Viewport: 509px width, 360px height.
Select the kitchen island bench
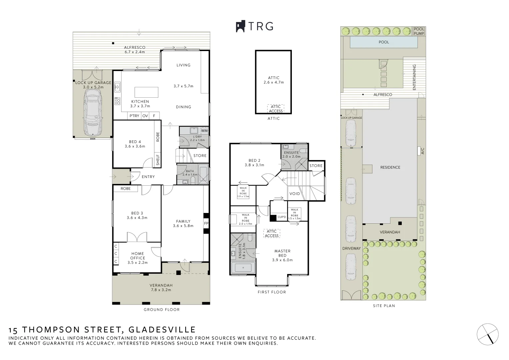pyautogui.click(x=146, y=92)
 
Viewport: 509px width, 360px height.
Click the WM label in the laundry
pyautogui.click(x=204, y=130)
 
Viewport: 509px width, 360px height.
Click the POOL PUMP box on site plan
pyautogui.click(x=419, y=31)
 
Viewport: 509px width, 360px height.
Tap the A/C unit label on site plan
pyautogui.click(x=422, y=151)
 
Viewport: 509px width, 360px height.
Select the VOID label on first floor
pyautogui.click(x=294, y=194)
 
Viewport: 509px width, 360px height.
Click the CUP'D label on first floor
pyautogui.click(x=282, y=217)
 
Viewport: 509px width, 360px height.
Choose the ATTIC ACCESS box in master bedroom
pyautogui.click(x=271, y=233)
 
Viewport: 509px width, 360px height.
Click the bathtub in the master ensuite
pyautogui.click(x=243, y=268)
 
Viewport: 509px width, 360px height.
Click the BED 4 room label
pyautogui.click(x=135, y=141)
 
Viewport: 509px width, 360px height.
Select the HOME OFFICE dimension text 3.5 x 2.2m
pyautogui.click(x=137, y=262)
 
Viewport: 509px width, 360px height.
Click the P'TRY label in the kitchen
pyautogui.click(x=134, y=116)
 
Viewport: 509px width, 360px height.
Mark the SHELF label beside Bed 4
pyautogui.click(x=158, y=160)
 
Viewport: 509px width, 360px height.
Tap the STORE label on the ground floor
pyautogui.click(x=200, y=156)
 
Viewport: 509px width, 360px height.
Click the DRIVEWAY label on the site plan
pyautogui.click(x=351, y=248)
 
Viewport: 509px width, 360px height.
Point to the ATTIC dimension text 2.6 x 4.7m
pyautogui.click(x=273, y=82)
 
